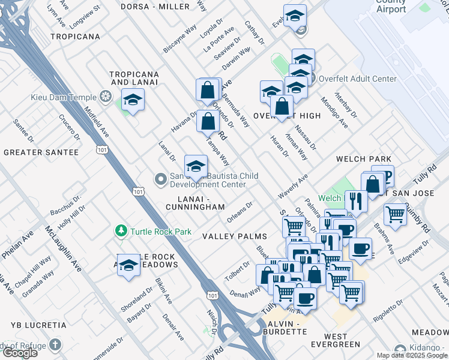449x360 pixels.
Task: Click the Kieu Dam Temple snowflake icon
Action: [106, 97]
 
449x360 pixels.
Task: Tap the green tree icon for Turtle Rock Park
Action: [121, 231]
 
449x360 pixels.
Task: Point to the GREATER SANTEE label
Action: [41, 152]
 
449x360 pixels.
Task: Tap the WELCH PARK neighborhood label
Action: [364, 159]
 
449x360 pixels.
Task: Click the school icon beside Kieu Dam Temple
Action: [133, 100]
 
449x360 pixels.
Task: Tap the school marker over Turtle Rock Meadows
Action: [128, 265]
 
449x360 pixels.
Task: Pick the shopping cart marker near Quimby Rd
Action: [395, 214]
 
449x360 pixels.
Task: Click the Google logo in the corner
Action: [20, 353]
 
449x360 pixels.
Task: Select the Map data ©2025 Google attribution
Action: [412, 355]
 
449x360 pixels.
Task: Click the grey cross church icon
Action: [55, 344]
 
